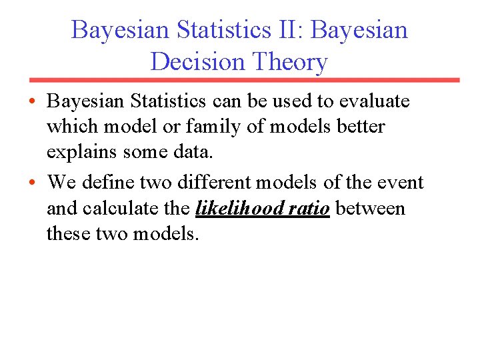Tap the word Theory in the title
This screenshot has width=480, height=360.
pos(290,62)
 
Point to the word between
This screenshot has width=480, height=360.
pos(370,208)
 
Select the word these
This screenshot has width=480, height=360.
pos(69,234)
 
